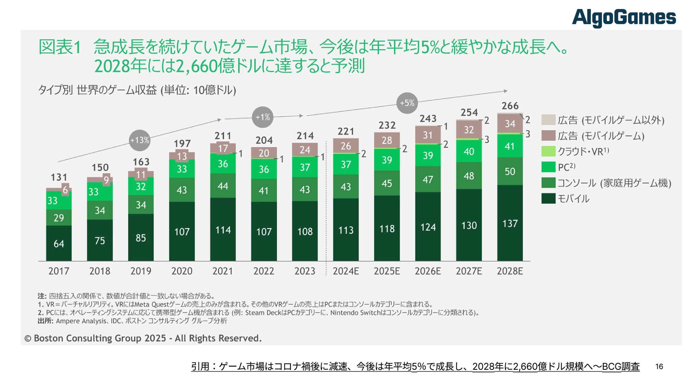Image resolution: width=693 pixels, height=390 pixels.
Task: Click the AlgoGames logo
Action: [623, 18]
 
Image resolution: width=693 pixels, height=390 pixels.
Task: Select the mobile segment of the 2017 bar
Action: [59, 243]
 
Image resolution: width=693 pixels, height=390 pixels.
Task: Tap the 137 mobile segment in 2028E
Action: [510, 223]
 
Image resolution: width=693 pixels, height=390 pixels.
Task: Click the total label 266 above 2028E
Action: [510, 106]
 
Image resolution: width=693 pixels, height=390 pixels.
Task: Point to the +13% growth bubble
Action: [140, 140]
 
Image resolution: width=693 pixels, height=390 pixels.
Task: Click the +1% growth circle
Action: [262, 117]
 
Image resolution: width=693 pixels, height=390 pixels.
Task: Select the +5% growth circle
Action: [407, 103]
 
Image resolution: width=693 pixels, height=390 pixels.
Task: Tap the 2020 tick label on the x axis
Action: [182, 271]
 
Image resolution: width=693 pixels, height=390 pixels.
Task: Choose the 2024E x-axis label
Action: [345, 271]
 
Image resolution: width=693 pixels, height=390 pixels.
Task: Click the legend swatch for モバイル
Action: [548, 199]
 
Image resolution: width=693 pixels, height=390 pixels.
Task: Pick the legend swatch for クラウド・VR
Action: [548, 151]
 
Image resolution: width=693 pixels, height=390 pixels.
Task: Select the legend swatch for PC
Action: [548, 167]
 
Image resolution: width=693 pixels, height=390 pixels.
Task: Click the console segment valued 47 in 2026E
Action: [428, 179]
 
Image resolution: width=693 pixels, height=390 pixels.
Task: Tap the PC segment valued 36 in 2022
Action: [264, 169]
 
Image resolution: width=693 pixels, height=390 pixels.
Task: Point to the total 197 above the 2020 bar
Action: [182, 143]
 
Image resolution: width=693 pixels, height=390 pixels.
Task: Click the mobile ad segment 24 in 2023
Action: [305, 149]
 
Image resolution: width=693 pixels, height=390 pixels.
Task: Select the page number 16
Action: [659, 367]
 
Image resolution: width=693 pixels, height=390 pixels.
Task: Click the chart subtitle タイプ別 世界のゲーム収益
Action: [137, 90]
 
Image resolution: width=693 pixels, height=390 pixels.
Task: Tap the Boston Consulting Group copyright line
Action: [143, 338]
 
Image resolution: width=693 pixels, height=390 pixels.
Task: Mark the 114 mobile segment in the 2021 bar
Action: [223, 230]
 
